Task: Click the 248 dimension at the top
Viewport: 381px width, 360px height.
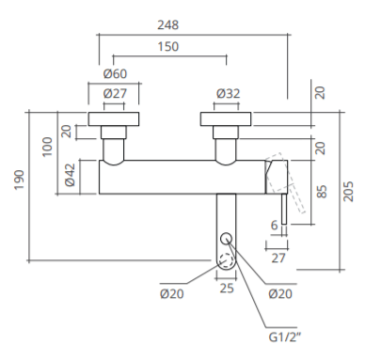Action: point(168,24)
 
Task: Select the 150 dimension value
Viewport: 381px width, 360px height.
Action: point(168,46)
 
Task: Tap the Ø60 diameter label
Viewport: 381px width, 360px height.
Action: point(115,73)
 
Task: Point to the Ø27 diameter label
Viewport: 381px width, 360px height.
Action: point(115,93)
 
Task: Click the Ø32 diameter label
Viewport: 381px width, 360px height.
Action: point(229,93)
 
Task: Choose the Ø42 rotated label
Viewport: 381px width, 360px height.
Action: point(70,175)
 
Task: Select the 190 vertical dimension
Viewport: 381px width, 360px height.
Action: point(20,180)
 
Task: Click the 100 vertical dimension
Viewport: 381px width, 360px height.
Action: point(47,147)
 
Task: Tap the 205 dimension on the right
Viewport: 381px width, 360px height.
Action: point(348,192)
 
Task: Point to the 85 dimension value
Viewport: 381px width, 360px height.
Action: point(322,192)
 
